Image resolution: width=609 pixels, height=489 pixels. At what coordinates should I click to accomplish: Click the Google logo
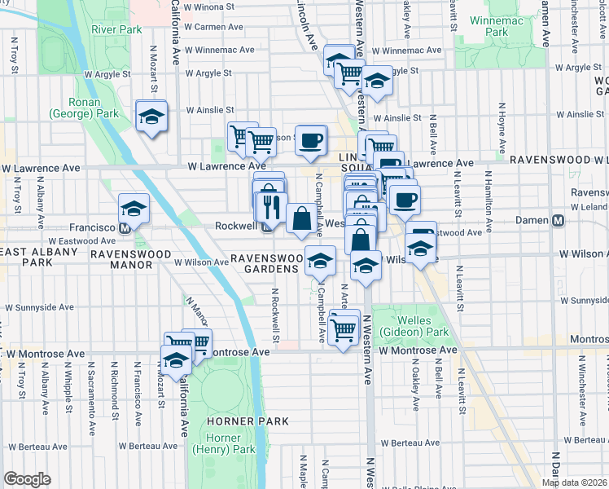pos(27,479)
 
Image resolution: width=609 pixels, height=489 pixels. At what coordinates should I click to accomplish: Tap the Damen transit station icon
pos(559,220)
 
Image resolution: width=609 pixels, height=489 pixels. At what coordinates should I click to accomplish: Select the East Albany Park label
pos(25,258)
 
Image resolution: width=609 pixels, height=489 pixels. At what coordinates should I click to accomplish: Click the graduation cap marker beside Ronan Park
pos(151,117)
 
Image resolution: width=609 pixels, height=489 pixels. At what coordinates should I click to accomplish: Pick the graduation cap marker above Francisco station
pos(134,209)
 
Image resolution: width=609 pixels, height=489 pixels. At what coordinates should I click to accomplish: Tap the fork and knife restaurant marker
pos(272,207)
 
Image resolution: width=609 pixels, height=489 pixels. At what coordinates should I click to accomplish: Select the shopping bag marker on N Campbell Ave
pos(301,218)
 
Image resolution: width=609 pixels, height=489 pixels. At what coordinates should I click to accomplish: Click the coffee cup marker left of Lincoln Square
pos(309,139)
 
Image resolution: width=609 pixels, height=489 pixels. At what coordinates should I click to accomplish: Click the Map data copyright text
pos(575,482)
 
